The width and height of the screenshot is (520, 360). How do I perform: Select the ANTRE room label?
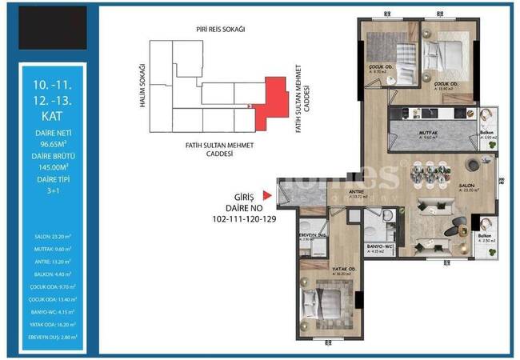(358, 191)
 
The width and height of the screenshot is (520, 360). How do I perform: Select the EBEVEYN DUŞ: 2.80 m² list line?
(50, 338)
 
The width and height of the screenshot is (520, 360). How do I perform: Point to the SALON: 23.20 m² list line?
(50, 236)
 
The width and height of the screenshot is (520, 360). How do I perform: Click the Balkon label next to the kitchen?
(486, 133)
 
